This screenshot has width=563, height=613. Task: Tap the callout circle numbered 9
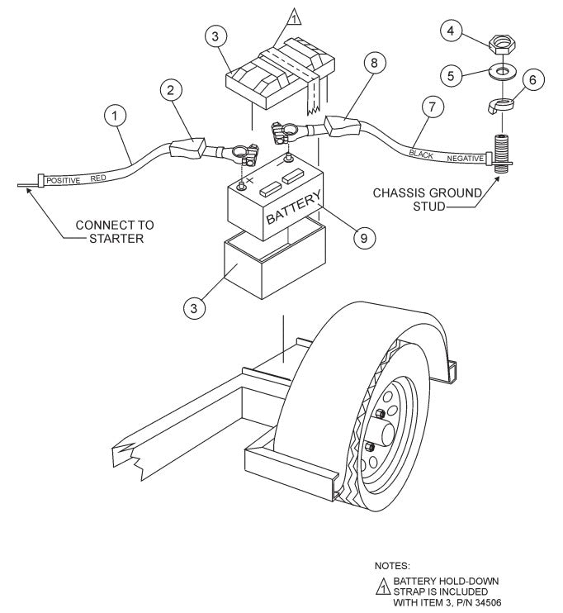tap(362, 237)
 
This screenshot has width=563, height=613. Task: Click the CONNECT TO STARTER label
tap(114, 231)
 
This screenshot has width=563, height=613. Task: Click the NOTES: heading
tap(392, 566)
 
